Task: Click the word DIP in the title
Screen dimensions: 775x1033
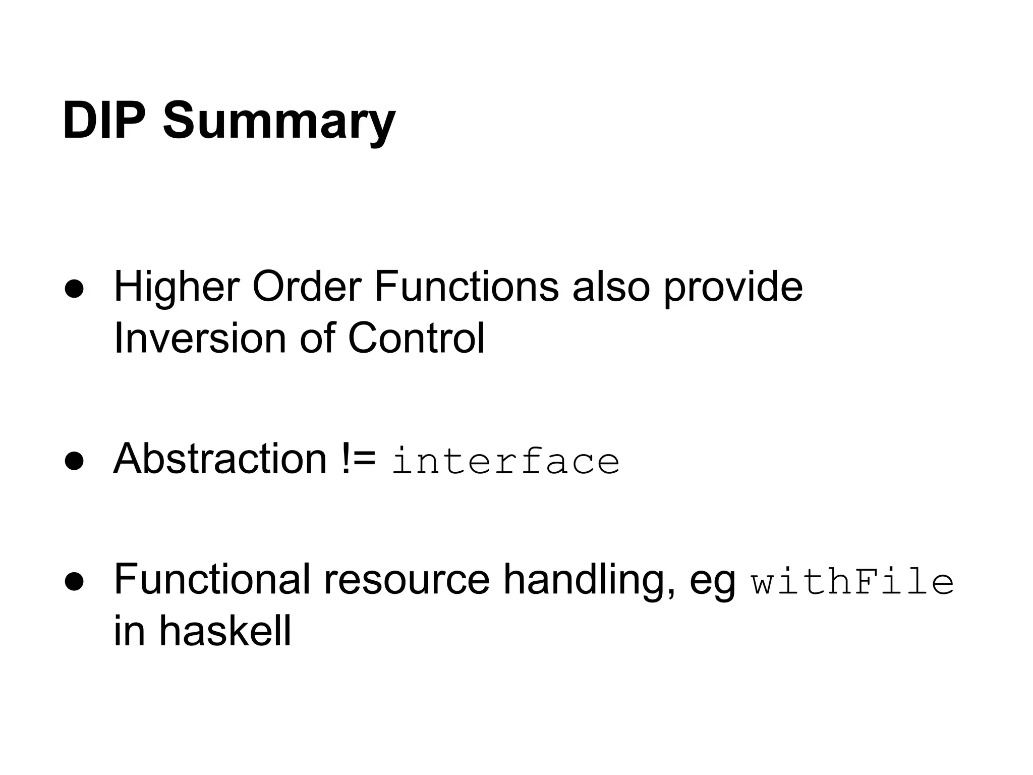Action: tap(104, 121)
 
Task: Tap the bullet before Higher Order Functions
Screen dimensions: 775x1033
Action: tap(74, 289)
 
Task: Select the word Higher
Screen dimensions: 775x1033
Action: tap(177, 288)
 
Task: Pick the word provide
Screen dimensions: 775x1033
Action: tap(732, 289)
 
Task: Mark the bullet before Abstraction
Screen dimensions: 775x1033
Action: tap(74, 461)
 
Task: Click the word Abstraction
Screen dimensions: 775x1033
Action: tap(220, 459)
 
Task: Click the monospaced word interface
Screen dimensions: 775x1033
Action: tap(505, 461)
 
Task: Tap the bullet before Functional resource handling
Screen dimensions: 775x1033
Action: tap(74, 582)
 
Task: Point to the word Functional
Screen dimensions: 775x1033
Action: tap(212, 580)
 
